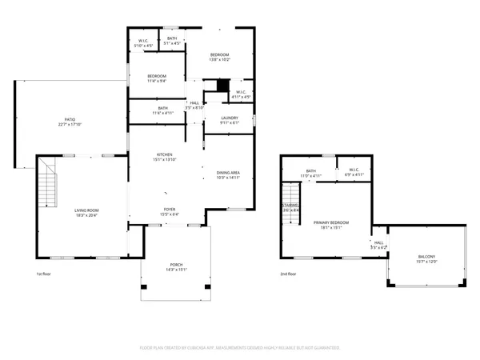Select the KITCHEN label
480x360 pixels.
coord(164,158)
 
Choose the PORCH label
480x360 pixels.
coord(175,267)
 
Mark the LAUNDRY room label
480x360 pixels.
coord(230,120)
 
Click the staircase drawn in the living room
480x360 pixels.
coord(47,183)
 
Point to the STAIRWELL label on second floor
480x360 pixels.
coord(290,206)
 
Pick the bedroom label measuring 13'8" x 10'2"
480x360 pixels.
coord(219,57)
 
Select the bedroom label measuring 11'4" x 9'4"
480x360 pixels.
coord(156,78)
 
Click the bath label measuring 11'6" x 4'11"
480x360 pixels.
coord(162,110)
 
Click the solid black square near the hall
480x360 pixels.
coord(222,86)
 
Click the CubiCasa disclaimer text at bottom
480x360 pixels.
coord(240,348)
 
